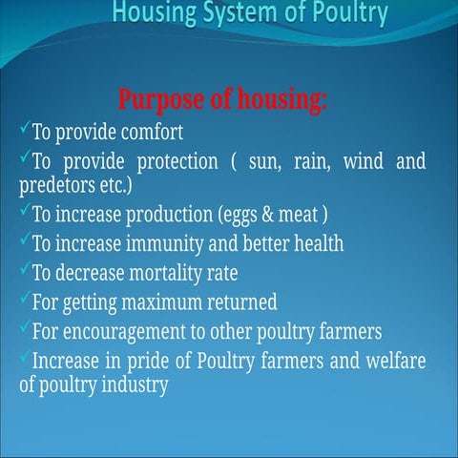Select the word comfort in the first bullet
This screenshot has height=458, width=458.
[147, 131]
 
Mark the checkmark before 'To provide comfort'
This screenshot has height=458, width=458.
[24, 127]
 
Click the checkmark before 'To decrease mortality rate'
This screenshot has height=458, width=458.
[24, 270]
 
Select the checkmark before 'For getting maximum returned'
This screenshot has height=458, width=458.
[24, 300]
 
